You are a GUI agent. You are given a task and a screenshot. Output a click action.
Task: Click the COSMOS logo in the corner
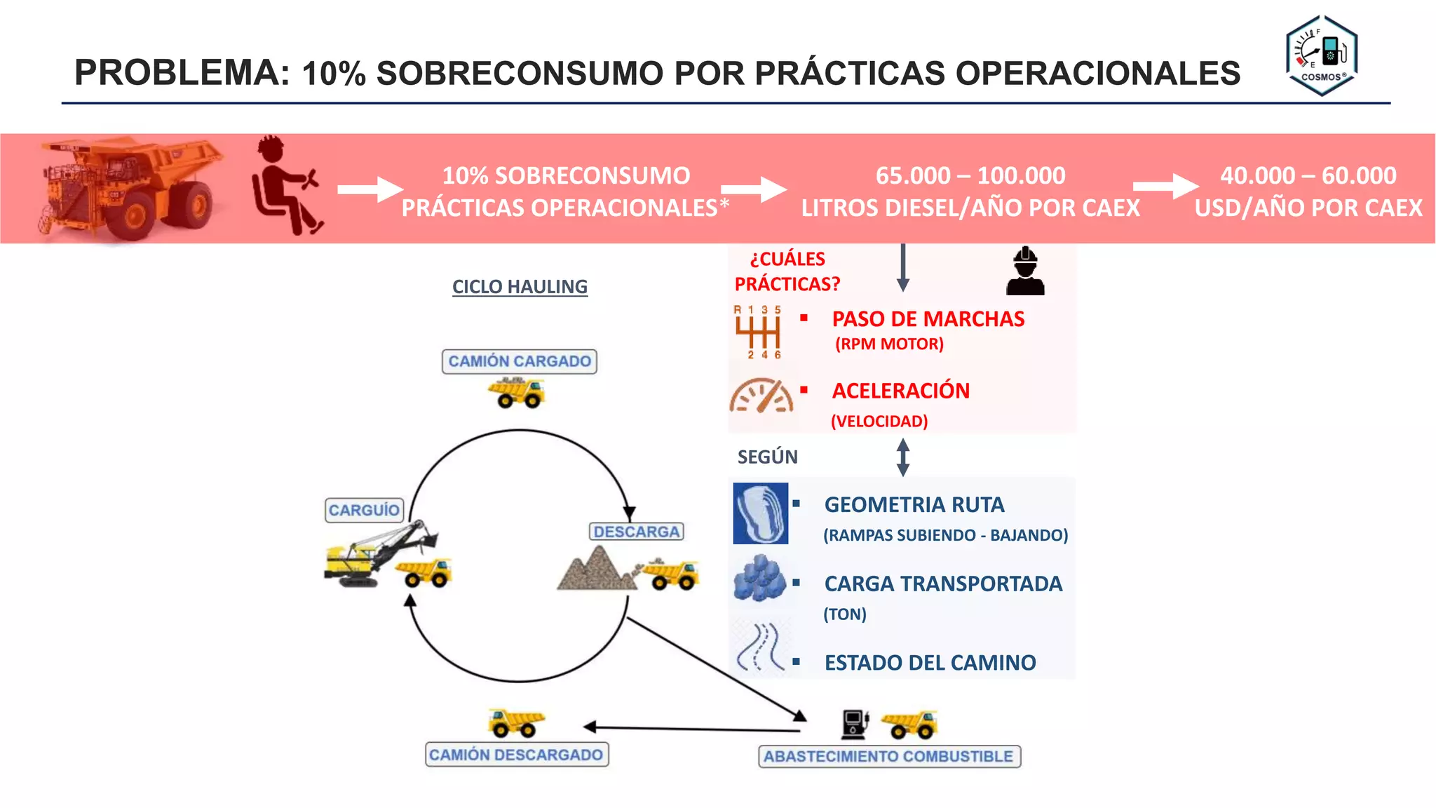1322,55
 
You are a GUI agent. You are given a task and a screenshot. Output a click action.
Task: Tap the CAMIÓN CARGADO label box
520,361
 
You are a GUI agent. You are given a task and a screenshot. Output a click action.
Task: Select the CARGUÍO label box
364,510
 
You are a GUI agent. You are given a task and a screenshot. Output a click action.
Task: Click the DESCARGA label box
636,532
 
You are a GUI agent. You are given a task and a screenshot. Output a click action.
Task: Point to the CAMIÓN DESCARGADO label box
516,755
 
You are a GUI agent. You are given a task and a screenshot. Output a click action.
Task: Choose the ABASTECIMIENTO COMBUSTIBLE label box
888,756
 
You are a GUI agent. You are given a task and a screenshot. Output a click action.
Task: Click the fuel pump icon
855,723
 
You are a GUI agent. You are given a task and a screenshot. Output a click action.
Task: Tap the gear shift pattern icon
758,332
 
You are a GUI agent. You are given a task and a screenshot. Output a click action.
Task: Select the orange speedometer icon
761,396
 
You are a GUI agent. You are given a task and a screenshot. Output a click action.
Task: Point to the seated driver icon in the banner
285,186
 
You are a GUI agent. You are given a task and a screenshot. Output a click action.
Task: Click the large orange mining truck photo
130,187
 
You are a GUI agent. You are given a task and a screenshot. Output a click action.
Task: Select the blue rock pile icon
760,579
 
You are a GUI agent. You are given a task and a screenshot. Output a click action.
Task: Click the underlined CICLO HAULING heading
520,287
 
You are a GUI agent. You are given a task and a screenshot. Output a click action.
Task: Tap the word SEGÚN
768,457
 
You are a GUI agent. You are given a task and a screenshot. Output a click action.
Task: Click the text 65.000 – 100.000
970,175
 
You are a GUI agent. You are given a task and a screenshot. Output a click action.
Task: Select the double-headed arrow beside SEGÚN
903,457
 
